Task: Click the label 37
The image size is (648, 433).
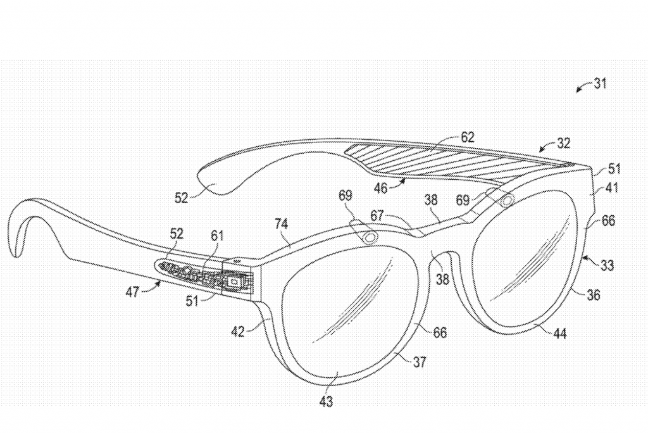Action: [419, 362]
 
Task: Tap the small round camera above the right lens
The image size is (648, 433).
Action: [507, 201]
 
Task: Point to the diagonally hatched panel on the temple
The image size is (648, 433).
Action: [456, 160]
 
